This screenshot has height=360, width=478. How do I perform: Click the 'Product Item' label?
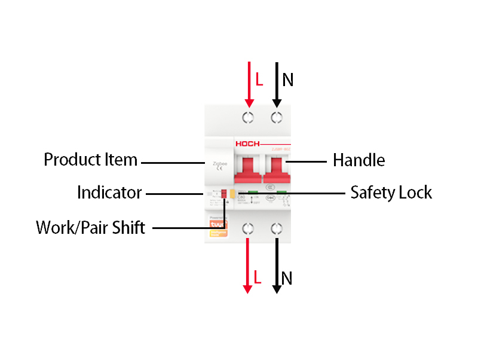91,160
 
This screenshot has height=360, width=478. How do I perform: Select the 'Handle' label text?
358,160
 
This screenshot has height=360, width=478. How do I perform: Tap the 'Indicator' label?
109,193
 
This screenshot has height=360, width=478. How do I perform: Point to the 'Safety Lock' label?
391,193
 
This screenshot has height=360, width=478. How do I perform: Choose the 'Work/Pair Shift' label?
91,228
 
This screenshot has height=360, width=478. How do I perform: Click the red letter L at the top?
259,80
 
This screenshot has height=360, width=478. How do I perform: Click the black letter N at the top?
287,80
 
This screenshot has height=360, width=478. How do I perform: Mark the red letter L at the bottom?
258,277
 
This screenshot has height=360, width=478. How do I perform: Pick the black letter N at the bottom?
287,278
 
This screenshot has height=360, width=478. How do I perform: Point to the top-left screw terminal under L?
248,117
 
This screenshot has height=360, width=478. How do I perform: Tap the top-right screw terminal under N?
277,117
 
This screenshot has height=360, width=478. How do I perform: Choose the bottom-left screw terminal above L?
248,228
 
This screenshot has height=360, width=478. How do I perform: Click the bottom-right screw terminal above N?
277,228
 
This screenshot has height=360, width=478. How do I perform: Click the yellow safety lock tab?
232,193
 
